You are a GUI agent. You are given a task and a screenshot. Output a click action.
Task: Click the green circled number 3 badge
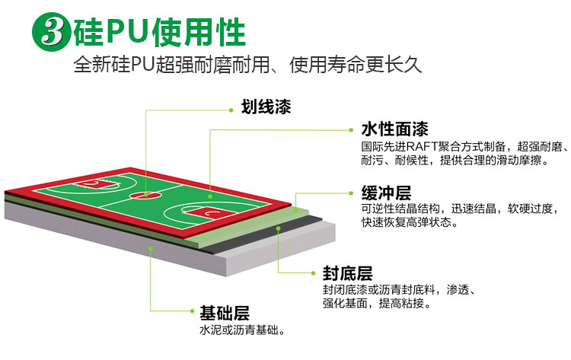coord(52,32)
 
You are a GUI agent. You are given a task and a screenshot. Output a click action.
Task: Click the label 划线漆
coord(266,107)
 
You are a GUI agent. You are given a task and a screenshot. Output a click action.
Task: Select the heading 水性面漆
coord(394,129)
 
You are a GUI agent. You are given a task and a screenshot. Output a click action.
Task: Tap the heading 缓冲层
coord(386,193)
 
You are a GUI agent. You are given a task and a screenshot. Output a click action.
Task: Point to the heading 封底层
coord(348,273)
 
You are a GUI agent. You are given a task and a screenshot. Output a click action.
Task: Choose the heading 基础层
coord(225,313)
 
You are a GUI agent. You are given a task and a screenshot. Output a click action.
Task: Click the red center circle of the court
coord(145,195)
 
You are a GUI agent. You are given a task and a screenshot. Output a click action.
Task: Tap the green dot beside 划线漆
coord(231,110)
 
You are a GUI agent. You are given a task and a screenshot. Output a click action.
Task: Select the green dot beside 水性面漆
coord(351,130)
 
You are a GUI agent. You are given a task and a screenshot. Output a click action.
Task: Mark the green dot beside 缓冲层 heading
coord(351,193)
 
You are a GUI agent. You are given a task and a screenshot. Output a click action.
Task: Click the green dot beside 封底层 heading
coord(313,273)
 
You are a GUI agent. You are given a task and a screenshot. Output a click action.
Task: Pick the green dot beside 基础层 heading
coord(193,311)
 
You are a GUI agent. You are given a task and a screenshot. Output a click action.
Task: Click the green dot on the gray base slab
coord(151,248)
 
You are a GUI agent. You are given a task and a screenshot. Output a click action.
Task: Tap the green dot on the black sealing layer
coord(278,228)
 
